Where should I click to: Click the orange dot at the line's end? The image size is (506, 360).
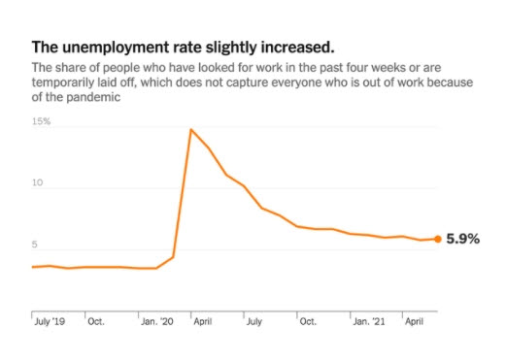pyautogui.click(x=438, y=239)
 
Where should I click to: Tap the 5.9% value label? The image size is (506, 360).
pyautogui.click(x=463, y=239)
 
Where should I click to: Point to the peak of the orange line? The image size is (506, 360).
pyautogui.click(x=191, y=130)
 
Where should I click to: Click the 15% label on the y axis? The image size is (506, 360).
pyautogui.click(x=41, y=121)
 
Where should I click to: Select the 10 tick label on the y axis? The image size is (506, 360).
pyautogui.click(x=37, y=182)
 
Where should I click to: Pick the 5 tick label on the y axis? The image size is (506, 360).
pyautogui.click(x=34, y=245)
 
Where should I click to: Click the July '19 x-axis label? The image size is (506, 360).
pyautogui.click(x=50, y=321)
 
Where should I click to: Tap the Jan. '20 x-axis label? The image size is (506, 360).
pyautogui.click(x=157, y=321)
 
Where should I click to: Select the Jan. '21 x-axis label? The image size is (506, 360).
pyautogui.click(x=369, y=321)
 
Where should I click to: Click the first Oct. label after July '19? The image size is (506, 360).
pyautogui.click(x=96, y=321)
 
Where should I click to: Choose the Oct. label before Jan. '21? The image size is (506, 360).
pyautogui.click(x=308, y=321)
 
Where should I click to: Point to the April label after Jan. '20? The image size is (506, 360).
pyautogui.click(x=203, y=321)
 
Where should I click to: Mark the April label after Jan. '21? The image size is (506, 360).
pyautogui.click(x=415, y=321)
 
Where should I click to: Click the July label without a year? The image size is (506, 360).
pyautogui.click(x=254, y=321)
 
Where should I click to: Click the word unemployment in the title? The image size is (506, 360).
pyautogui.click(x=116, y=48)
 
